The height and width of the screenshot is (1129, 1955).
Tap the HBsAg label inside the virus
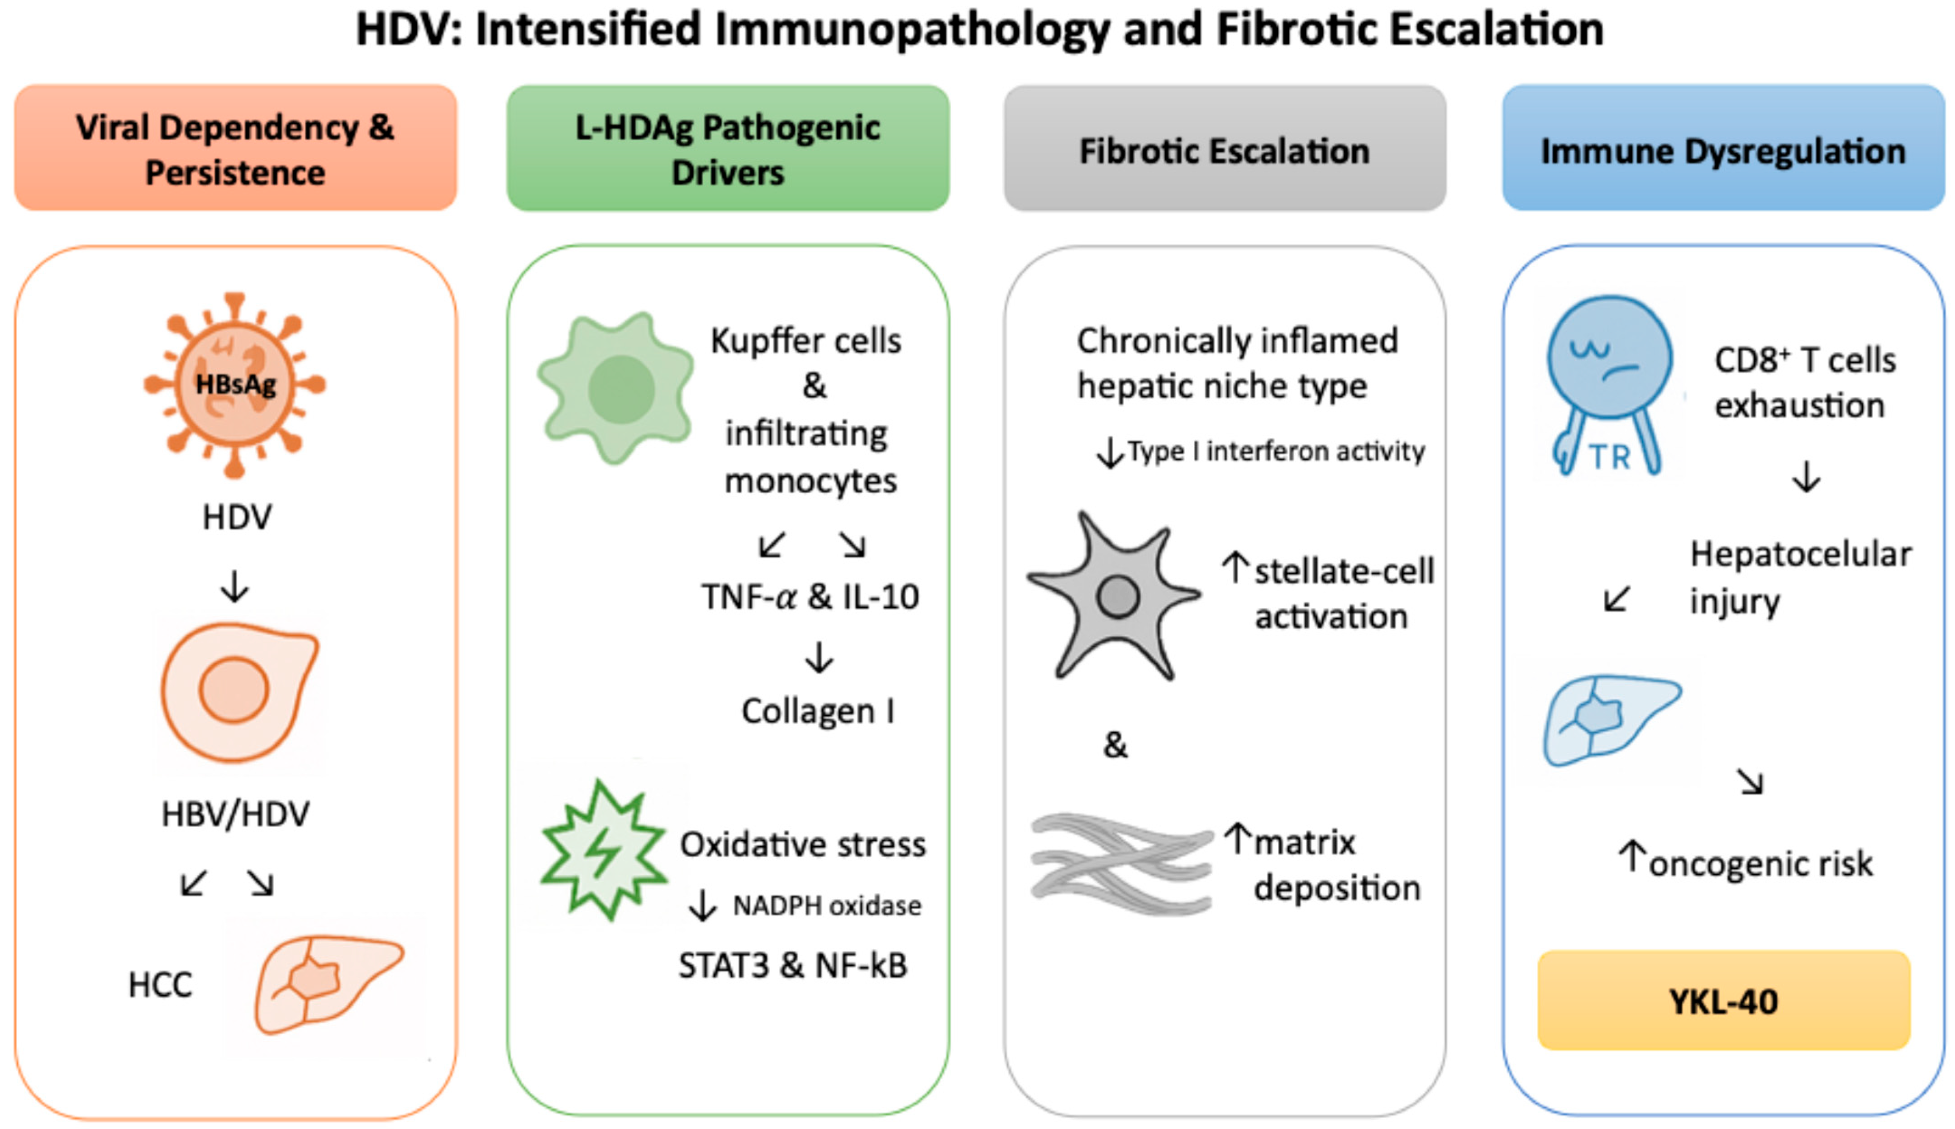(235, 384)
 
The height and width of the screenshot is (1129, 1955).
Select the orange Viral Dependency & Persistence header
(235, 148)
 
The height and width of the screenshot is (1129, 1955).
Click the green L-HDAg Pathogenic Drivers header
(727, 148)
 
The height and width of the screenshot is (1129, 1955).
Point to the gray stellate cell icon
(1114, 596)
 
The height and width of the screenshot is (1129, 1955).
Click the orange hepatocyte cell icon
(237, 690)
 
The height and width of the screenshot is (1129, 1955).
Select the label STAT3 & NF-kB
(792, 965)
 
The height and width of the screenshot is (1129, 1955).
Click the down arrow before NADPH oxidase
(703, 905)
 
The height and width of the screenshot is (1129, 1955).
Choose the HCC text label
(160, 985)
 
